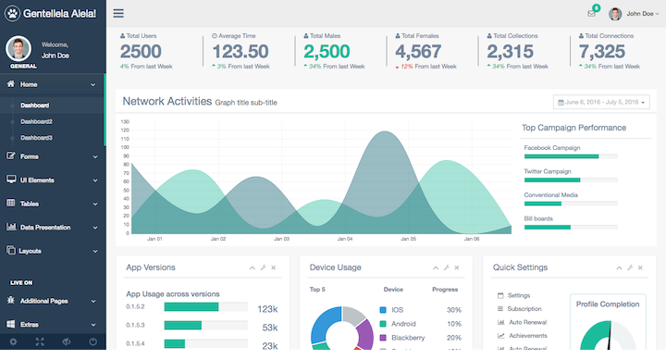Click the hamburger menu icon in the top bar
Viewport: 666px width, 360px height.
point(118,13)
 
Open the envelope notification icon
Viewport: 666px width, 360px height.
point(591,13)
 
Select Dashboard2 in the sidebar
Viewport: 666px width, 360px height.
point(36,121)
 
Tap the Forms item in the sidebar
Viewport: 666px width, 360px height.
point(29,156)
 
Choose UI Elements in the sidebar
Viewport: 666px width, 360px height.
point(36,180)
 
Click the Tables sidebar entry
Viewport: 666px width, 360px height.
point(29,203)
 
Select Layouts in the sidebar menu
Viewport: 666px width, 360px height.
point(31,251)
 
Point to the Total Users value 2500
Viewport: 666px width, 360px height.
point(141,52)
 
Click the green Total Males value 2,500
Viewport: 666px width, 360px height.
point(327,52)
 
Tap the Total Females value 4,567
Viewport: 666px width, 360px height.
point(418,52)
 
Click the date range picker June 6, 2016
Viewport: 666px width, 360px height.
point(601,102)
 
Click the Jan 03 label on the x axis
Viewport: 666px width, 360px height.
point(280,239)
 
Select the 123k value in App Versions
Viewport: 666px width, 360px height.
point(267,309)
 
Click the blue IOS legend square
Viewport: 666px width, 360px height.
point(383,310)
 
